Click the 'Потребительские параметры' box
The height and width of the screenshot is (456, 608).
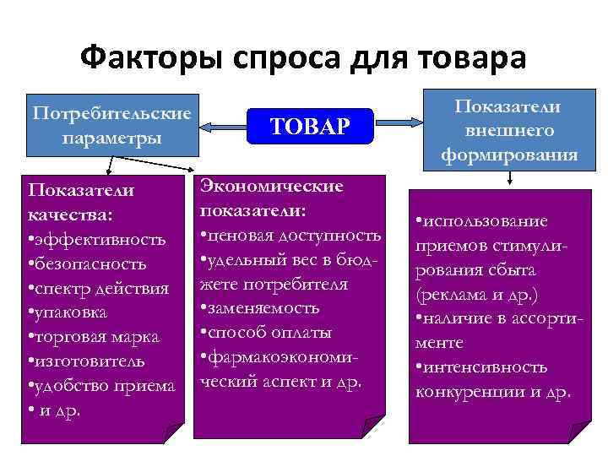point(111,125)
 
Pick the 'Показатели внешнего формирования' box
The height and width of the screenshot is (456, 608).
point(509,129)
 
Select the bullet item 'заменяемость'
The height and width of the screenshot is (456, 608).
point(259,307)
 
